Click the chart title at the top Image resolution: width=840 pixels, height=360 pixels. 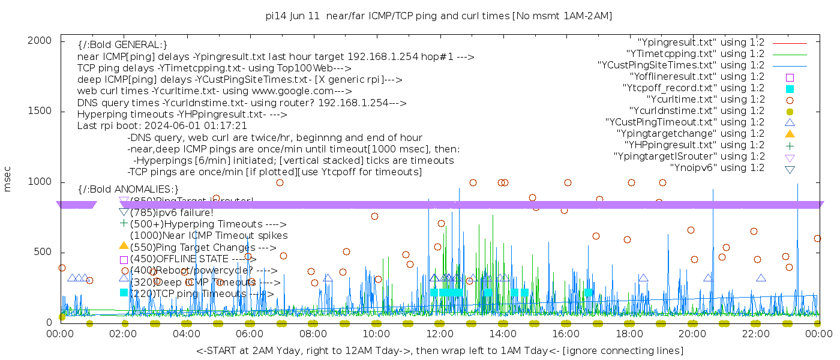point(439,16)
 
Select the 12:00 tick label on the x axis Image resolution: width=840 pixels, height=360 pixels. point(439,334)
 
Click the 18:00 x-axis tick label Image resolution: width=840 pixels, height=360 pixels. point(629,334)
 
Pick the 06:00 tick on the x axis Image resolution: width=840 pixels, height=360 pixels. point(250,334)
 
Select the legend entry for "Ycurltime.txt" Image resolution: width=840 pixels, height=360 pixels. point(705,100)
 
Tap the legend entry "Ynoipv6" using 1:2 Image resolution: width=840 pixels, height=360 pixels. point(717,168)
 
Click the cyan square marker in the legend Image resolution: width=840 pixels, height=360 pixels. point(790,88)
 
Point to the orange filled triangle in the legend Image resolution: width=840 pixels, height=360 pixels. point(790,134)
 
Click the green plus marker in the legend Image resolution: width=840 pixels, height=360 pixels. point(790,145)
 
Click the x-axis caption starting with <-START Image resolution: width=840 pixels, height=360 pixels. point(439,350)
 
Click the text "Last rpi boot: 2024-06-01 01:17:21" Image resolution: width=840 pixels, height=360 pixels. point(162,126)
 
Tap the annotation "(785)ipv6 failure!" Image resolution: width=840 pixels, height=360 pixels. point(172,212)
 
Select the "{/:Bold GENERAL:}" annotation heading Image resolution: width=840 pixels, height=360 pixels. point(122,45)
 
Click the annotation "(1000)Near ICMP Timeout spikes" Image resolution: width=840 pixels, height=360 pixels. point(209,236)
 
